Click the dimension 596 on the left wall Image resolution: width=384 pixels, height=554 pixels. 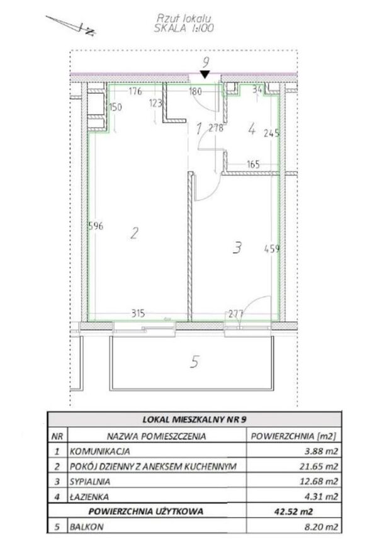click(x=96, y=225)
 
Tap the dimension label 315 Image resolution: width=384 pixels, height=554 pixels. click(x=138, y=314)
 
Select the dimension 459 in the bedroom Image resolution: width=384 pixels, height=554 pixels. click(x=272, y=249)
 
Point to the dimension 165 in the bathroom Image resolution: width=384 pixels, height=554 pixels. click(x=253, y=164)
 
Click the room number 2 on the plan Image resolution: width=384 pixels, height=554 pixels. click(x=134, y=233)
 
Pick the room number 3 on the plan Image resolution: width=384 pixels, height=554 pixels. click(x=237, y=247)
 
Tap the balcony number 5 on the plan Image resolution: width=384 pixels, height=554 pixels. click(x=195, y=361)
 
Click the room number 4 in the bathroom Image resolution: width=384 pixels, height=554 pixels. click(x=252, y=129)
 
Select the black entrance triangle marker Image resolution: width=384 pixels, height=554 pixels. click(x=205, y=74)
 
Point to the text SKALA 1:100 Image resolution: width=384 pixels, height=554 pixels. click(x=184, y=28)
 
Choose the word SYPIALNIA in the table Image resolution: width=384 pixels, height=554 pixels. click(x=90, y=482)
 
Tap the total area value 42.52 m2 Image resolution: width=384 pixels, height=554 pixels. click(x=293, y=511)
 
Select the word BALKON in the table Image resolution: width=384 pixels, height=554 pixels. click(x=86, y=527)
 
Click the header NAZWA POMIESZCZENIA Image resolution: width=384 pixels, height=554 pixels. click(x=156, y=436)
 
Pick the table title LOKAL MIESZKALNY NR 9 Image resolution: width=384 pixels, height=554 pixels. click(x=195, y=420)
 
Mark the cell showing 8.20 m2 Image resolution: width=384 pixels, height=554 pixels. click(x=322, y=527)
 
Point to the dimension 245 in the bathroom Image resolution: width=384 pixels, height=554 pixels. click(x=272, y=133)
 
